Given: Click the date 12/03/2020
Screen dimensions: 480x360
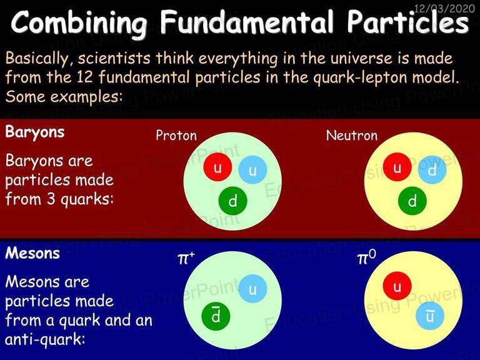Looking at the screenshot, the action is (444, 8).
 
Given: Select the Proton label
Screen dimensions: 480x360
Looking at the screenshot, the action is (176, 135).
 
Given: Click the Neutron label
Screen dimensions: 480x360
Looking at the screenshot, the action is (352, 135).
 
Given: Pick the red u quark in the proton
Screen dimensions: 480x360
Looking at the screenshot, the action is (217, 167).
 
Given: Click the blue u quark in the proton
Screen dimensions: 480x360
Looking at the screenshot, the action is (252, 170).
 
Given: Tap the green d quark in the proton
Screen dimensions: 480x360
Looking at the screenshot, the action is (232, 201).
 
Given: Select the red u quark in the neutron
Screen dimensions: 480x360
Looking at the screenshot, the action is (397, 167).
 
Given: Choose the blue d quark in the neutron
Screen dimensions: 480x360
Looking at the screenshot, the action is (432, 170).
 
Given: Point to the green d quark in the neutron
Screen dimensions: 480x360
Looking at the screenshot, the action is (412, 201).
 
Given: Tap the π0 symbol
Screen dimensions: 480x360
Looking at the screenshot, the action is (366, 257).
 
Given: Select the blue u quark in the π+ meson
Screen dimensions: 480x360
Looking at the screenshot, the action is (252, 289).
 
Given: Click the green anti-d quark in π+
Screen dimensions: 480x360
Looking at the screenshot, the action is (216, 316).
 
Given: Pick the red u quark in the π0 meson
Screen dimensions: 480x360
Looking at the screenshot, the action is (397, 286).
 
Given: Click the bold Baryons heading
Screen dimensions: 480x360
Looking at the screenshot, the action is (35, 132).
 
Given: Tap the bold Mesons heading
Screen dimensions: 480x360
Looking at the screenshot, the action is (32, 253).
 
